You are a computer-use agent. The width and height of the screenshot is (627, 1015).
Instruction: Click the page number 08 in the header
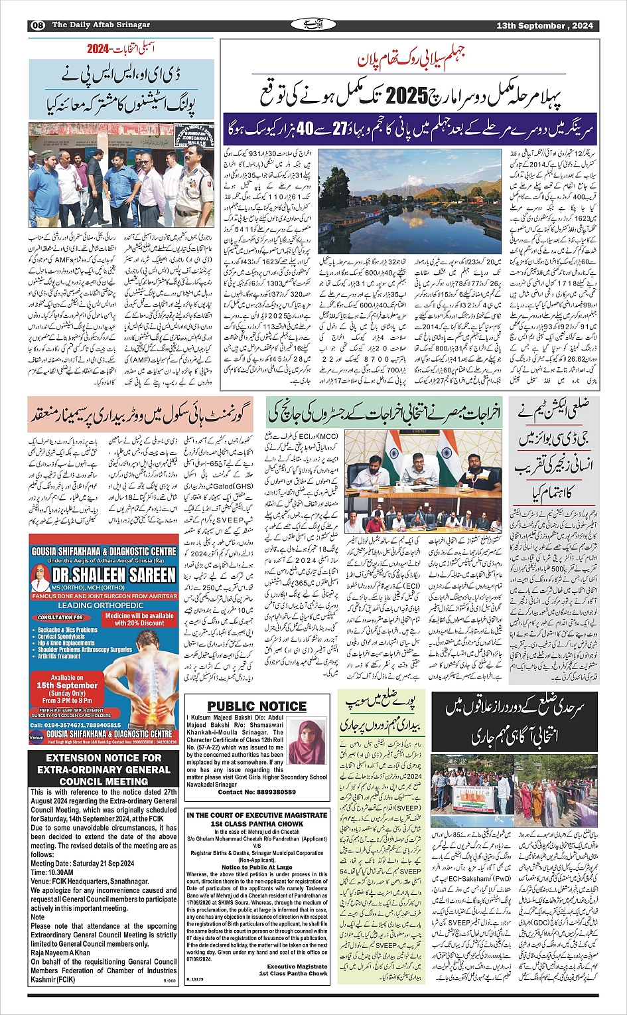point(37,25)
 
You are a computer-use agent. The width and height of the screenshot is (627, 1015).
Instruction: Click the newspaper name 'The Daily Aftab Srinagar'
point(101,25)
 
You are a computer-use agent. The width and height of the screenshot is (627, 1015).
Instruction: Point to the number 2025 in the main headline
point(405,96)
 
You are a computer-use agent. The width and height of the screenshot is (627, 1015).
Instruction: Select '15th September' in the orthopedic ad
point(67,685)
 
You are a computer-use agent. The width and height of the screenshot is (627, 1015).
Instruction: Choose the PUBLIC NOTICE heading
point(257,706)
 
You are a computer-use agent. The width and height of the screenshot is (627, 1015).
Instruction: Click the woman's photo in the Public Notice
point(305,742)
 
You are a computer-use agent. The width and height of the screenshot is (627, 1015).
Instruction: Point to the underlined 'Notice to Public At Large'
point(257,867)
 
